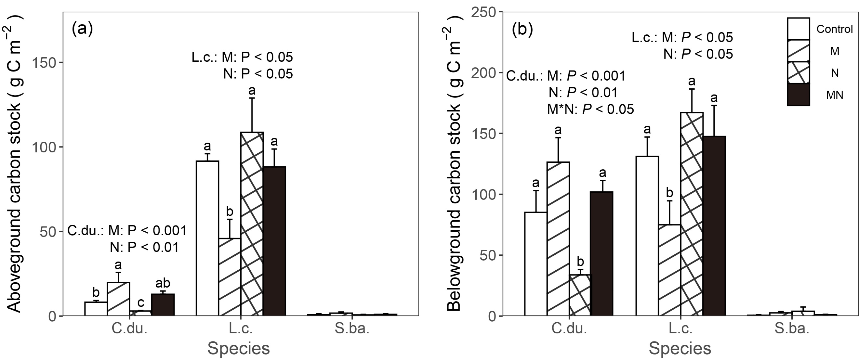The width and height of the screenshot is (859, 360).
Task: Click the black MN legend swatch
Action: coord(798,95)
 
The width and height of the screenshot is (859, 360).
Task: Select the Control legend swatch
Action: coord(798,29)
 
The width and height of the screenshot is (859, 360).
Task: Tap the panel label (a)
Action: coord(82,29)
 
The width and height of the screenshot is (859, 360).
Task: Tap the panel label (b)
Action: coord(522,30)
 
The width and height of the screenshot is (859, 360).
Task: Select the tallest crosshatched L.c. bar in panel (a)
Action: coord(252,223)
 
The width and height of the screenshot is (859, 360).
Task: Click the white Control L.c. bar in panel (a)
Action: coord(207,238)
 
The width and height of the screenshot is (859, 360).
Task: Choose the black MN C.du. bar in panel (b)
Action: coord(602,253)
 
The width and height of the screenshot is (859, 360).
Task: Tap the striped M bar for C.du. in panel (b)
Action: coord(558,239)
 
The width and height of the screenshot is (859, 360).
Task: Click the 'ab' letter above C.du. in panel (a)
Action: coord(163,283)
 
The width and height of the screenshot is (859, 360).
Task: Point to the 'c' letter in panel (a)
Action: coord(141,303)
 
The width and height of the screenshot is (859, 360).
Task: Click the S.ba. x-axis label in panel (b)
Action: coord(792,329)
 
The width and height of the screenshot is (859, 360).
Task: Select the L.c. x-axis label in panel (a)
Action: coord(241,329)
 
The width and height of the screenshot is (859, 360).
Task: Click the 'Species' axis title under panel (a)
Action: coord(238,349)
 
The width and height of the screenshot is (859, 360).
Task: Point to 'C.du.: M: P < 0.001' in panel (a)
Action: coord(127,231)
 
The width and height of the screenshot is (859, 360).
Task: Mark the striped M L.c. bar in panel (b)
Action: coord(669,270)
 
